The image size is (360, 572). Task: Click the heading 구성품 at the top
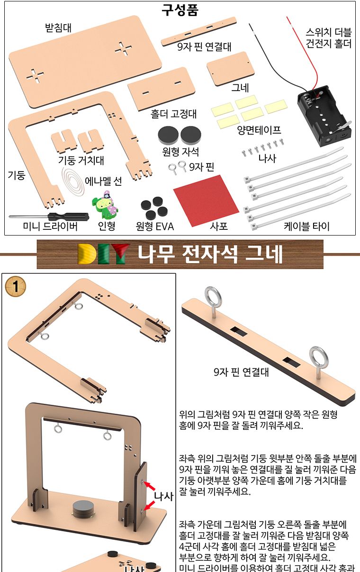pyautogui.click(x=180, y=10)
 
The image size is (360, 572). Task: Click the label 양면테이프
pyautogui.click(x=259, y=130)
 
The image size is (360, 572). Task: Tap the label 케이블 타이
pyautogui.click(x=306, y=226)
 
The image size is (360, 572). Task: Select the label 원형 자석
pyautogui.click(x=180, y=152)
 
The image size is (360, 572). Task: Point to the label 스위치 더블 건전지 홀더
pyautogui.click(x=329, y=38)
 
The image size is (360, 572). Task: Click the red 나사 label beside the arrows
pyautogui.click(x=164, y=496)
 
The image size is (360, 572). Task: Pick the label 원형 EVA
pyautogui.click(x=155, y=226)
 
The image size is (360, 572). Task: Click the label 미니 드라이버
pyautogui.click(x=50, y=226)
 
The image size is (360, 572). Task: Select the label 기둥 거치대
pyautogui.click(x=81, y=160)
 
